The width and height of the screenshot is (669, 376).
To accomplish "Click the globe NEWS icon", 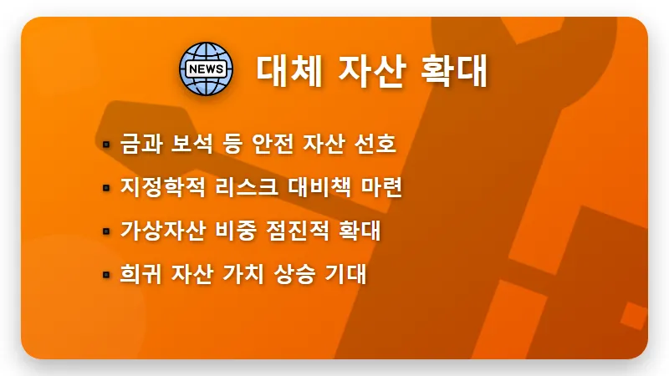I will click(203, 68).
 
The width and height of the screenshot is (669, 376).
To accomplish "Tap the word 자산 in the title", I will click(369, 69).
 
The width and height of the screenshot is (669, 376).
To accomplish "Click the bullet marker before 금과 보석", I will click(106, 145).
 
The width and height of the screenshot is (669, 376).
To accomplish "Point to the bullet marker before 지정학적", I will click(106, 188).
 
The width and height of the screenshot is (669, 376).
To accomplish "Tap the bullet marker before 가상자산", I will click(106, 231).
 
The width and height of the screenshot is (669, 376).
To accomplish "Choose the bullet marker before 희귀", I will click(106, 275).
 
